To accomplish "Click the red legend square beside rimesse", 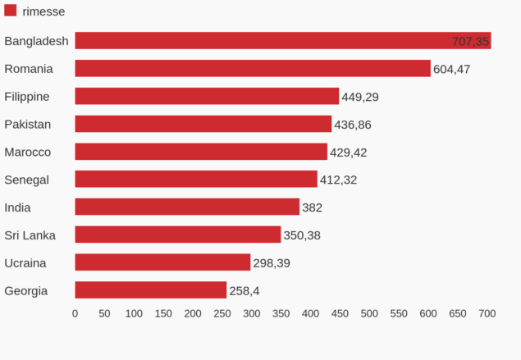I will point(11,11).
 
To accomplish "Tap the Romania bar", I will point(253,69).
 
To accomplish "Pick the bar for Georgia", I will point(150,290).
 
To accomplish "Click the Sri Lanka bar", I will point(177,235).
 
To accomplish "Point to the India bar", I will point(187,207).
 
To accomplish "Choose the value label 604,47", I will point(452,69).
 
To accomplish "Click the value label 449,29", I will point(360,97).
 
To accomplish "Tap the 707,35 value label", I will point(470,41).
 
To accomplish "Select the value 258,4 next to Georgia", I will point(245,290).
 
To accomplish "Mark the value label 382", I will point(312,207).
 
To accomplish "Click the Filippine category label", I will point(27,97).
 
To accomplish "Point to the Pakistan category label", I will point(28,125).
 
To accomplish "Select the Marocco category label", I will point(28,152).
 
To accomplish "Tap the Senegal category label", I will point(27,180).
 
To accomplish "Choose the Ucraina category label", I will point(25,262).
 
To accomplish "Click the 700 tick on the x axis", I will point(487,313).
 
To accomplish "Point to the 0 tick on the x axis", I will point(75,313).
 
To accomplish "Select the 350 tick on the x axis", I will point(281,313).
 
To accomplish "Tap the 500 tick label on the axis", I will point(369,313).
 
